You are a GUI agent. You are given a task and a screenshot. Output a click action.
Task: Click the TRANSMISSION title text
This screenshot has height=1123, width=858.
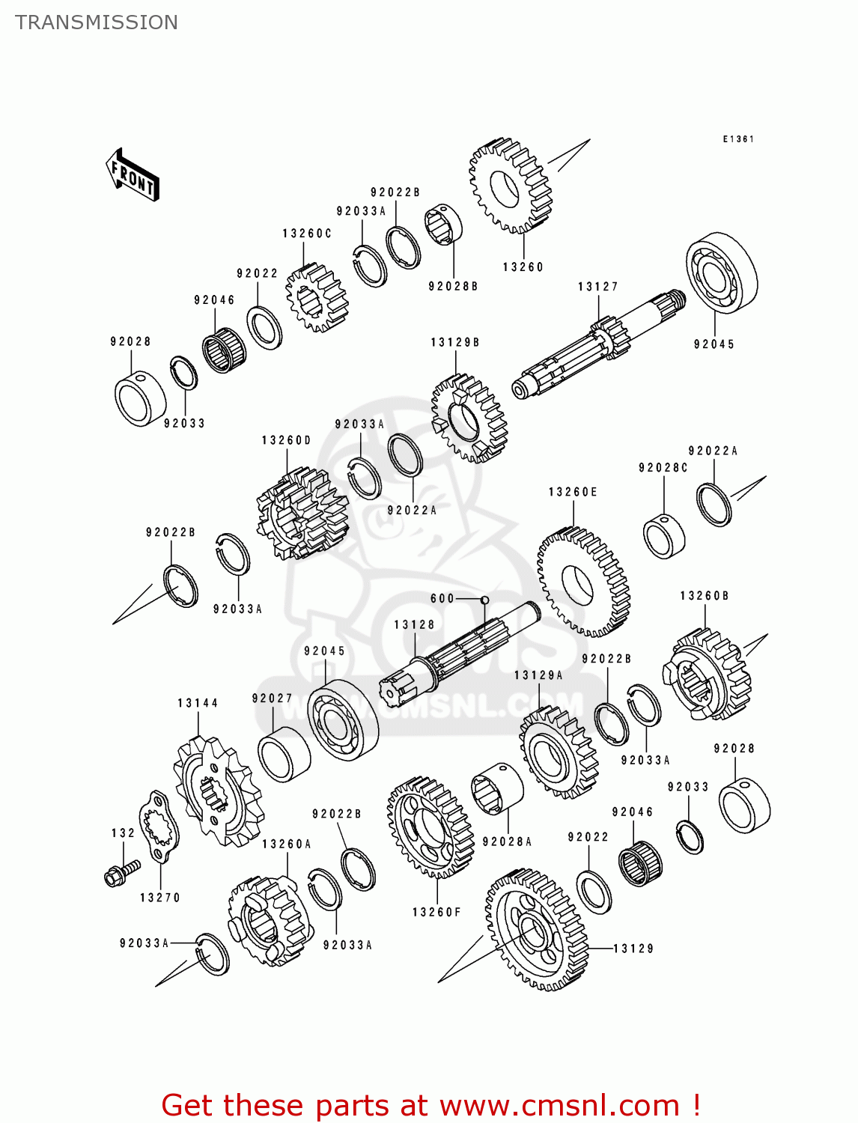(97, 22)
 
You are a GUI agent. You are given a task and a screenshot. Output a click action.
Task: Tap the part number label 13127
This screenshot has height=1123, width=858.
(597, 287)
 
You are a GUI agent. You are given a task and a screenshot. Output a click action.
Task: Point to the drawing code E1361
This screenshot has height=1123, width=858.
(737, 139)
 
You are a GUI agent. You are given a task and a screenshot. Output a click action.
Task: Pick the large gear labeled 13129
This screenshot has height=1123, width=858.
(535, 930)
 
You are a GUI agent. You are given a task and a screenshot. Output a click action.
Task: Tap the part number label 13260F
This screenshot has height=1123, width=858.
(436, 912)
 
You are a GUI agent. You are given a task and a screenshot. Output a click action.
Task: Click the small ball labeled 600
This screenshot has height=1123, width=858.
(484, 600)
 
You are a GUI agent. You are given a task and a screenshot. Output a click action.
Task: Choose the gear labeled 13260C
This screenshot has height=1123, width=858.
(317, 297)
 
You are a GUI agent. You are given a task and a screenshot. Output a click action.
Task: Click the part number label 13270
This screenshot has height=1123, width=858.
(160, 898)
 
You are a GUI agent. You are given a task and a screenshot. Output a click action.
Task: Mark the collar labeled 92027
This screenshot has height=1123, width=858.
(284, 753)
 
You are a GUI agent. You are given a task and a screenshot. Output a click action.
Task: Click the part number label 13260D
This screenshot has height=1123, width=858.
(286, 440)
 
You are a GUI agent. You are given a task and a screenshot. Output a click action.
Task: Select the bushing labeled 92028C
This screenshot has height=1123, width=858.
(664, 536)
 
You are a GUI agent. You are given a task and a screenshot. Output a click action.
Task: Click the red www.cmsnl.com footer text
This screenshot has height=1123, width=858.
(430, 1105)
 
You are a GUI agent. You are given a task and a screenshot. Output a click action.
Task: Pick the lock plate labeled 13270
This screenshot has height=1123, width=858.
(159, 827)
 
